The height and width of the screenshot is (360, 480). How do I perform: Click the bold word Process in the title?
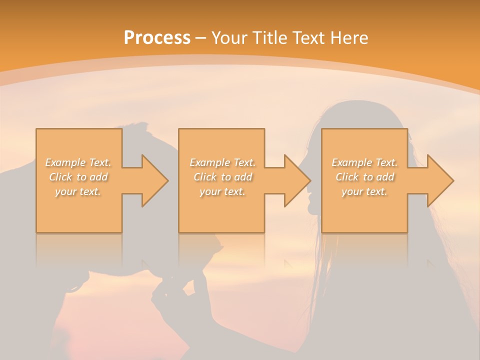tap(157, 37)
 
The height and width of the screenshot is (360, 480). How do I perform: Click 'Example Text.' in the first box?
tap(78, 162)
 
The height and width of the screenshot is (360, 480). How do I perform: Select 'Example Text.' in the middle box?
tap(222, 162)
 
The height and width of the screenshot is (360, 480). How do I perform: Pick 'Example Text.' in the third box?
tap(364, 162)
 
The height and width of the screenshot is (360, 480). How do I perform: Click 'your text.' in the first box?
tap(78, 191)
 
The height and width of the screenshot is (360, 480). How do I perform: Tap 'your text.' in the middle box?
tap(222, 191)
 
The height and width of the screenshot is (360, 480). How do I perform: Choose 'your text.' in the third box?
tap(364, 191)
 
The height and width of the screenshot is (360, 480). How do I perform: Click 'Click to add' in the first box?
tap(78, 176)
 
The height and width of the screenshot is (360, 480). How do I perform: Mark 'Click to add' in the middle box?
tap(222, 176)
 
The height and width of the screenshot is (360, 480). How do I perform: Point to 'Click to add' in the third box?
tap(364, 176)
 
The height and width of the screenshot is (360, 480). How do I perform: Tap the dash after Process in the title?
tap(201, 38)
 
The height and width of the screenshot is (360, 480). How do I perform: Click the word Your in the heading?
tap(228, 37)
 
